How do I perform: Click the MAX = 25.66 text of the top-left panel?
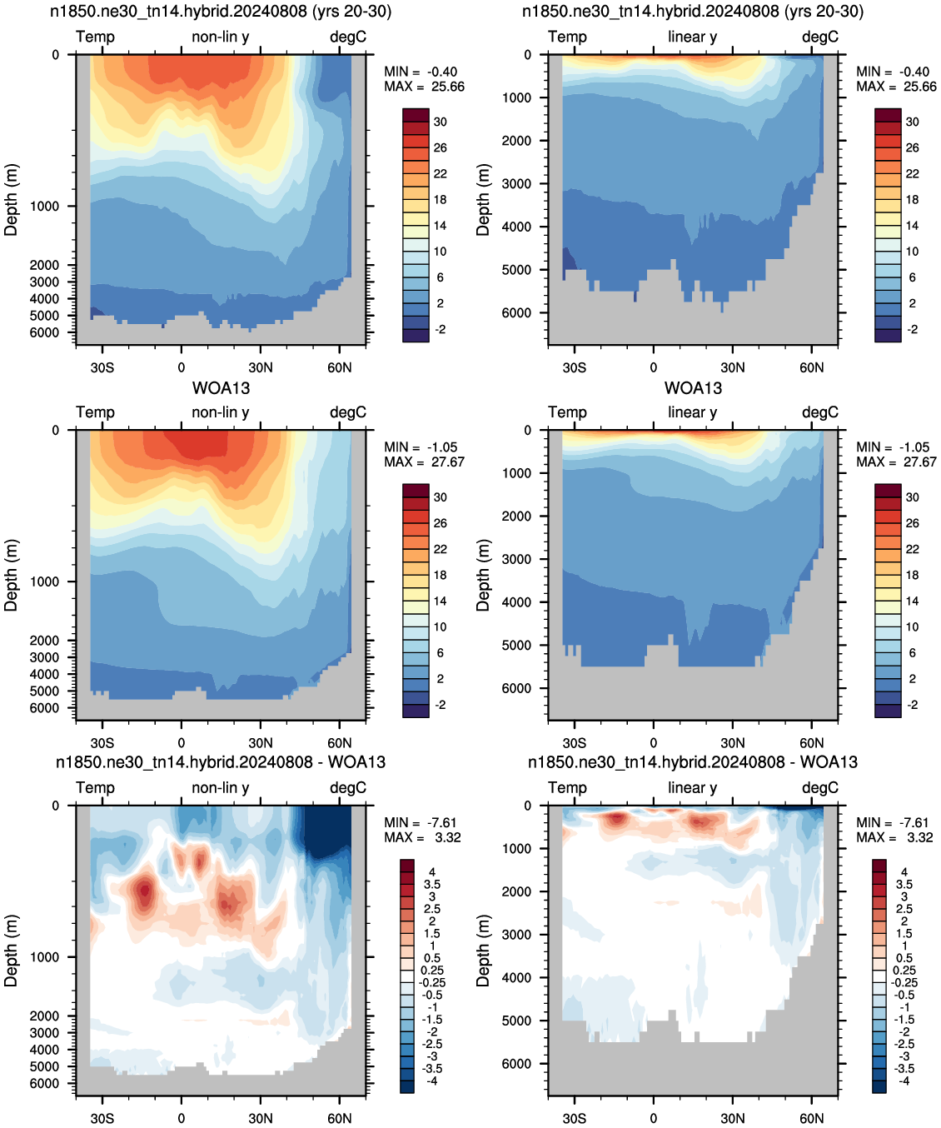click(x=424, y=87)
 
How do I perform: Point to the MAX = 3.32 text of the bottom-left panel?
click(x=422, y=837)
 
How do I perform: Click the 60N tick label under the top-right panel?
click(x=811, y=367)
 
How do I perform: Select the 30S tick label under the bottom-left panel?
click(x=102, y=1118)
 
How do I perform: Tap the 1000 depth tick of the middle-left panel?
click(x=44, y=581)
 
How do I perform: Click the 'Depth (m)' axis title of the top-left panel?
click(x=11, y=200)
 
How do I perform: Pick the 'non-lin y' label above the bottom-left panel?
click(x=221, y=787)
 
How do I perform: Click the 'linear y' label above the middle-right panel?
click(x=693, y=412)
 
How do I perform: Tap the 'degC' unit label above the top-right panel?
click(x=820, y=37)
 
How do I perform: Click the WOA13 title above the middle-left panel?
click(x=221, y=388)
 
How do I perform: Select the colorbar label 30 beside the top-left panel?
click(x=441, y=122)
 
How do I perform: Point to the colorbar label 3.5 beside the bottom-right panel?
click(x=904, y=885)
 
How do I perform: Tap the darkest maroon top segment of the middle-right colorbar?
click(x=888, y=491)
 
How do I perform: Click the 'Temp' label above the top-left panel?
click(x=95, y=37)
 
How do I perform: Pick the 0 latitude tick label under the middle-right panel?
click(x=653, y=743)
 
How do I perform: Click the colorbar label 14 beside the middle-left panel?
click(x=441, y=601)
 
